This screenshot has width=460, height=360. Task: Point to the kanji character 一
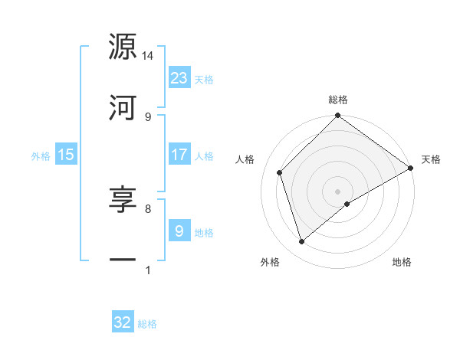(x=123, y=260)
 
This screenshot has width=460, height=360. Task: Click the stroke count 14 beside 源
(x=148, y=56)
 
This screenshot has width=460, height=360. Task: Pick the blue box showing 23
(x=179, y=78)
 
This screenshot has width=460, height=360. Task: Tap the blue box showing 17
(x=179, y=155)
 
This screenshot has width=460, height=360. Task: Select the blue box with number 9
(x=179, y=231)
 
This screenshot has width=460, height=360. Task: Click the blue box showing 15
(x=66, y=155)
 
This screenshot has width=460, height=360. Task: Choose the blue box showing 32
(x=123, y=322)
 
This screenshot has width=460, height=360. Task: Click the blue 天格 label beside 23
(x=204, y=80)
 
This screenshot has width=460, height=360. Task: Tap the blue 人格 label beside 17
(x=204, y=156)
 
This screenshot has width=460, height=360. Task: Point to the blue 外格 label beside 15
(x=41, y=156)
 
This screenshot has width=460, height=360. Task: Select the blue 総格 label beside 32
(x=147, y=324)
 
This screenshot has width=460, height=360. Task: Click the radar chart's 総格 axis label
(x=338, y=100)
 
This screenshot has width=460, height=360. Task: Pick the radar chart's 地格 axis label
(x=402, y=263)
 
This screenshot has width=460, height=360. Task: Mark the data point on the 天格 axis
(x=410, y=168)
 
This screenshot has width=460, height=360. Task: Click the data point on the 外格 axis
(x=302, y=241)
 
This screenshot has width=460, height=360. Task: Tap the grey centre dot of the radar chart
(x=338, y=191)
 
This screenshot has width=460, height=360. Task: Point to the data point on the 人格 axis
(x=280, y=172)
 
